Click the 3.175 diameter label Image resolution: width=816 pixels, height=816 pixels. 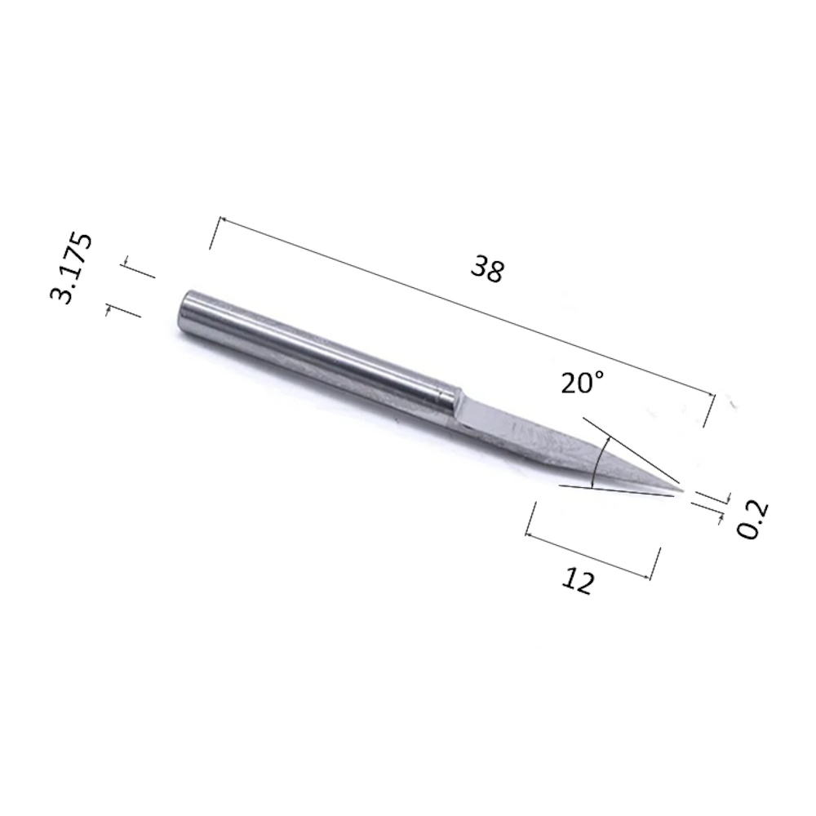(71, 268)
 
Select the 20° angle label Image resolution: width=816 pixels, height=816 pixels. (583, 383)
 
